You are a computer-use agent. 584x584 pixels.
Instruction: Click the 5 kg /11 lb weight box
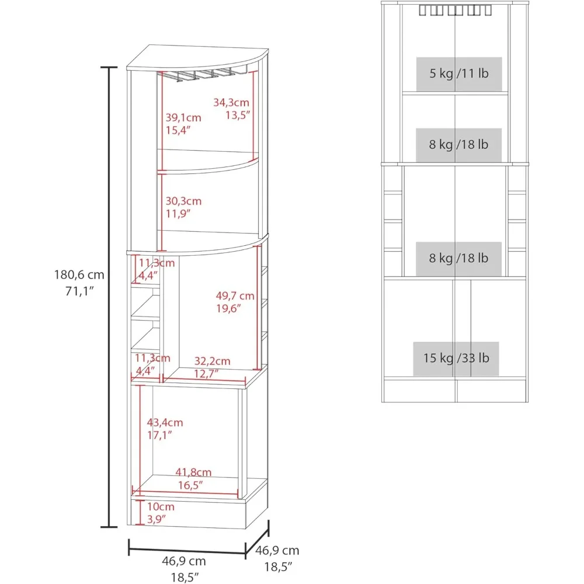coord(459,74)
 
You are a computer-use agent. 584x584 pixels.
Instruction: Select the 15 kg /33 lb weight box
coord(456,359)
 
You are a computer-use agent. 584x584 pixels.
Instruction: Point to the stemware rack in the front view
coord(455,10)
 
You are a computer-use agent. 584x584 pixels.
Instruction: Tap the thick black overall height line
coord(109,297)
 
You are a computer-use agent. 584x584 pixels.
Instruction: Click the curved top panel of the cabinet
coord(197,58)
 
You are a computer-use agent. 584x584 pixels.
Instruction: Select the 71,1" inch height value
coord(79,291)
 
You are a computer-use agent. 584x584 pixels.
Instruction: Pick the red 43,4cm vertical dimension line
coord(140,440)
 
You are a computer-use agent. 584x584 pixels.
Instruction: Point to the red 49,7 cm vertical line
coord(257,308)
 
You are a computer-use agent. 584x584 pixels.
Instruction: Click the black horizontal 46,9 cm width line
coord(187,550)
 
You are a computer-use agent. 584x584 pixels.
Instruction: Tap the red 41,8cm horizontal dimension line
coord(185,492)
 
